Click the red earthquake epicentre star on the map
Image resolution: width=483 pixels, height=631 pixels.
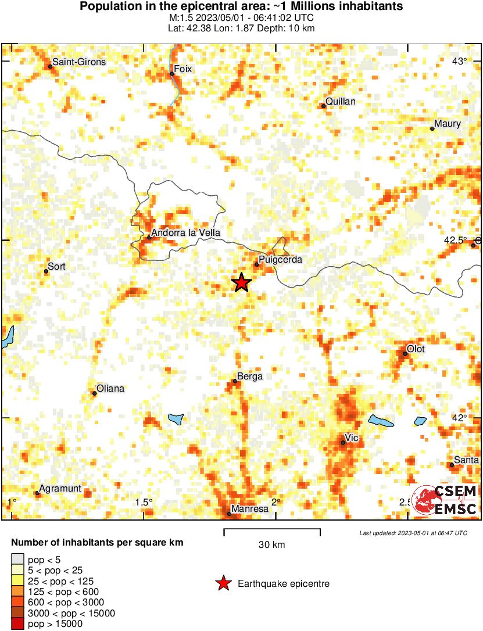tap(242, 283)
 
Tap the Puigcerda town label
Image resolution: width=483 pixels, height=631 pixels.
tap(280, 260)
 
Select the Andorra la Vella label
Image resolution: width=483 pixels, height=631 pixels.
tap(181, 232)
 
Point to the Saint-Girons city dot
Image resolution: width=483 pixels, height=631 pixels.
tap(50, 67)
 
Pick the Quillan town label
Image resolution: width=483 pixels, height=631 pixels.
tap(340, 102)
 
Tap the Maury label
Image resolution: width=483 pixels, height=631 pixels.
tap(448, 124)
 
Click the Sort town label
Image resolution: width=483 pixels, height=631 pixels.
tap(56, 267)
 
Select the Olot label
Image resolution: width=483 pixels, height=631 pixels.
tap(416, 349)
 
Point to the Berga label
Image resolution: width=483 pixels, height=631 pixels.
tap(250, 377)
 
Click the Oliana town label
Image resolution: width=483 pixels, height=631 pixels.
tap(110, 388)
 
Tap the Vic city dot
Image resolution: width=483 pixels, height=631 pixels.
tap(343, 443)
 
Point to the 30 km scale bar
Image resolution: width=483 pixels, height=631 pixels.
tap(272, 530)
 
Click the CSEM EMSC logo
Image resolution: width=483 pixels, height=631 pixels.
tap(445, 500)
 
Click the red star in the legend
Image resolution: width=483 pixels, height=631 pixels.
tap(223, 584)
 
